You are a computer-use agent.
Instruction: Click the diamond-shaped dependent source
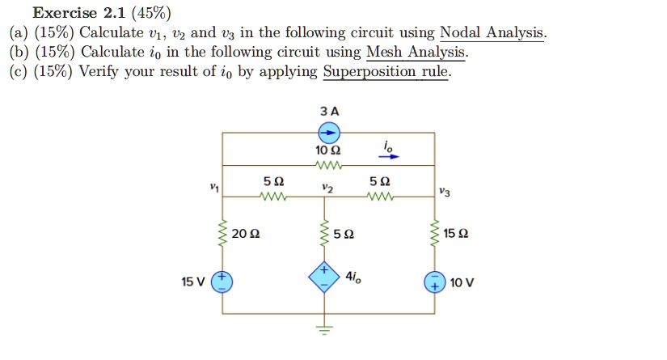(x=323, y=277)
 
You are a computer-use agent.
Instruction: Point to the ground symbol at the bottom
(x=324, y=329)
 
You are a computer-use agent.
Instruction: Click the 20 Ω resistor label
(x=245, y=235)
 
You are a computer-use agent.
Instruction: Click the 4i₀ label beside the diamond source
(x=353, y=276)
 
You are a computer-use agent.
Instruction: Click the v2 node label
(x=326, y=187)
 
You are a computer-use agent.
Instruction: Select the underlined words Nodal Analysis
(x=492, y=33)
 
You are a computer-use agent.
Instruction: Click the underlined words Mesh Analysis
(x=416, y=53)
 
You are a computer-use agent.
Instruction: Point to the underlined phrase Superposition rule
(x=386, y=72)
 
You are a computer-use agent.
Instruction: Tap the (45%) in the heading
(x=150, y=13)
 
